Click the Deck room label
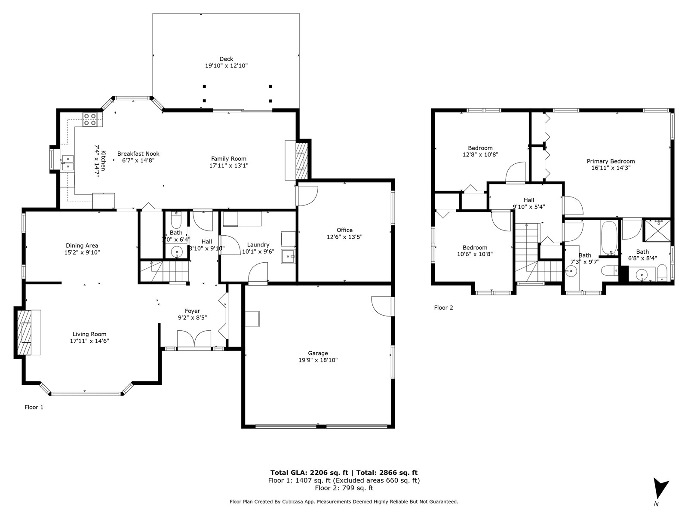(x=226, y=59)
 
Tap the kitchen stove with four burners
(x=90, y=119)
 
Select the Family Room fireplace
(x=300, y=160)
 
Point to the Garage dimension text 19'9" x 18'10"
(x=318, y=360)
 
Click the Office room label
(x=344, y=230)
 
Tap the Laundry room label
(x=258, y=245)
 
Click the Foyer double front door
(x=194, y=339)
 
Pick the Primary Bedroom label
(x=611, y=161)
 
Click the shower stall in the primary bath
(x=656, y=230)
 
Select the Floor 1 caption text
(x=34, y=407)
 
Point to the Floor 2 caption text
(x=443, y=307)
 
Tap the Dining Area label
(x=82, y=246)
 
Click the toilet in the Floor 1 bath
(x=176, y=221)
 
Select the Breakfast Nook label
(x=138, y=154)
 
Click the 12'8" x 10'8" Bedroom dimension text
(x=480, y=154)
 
